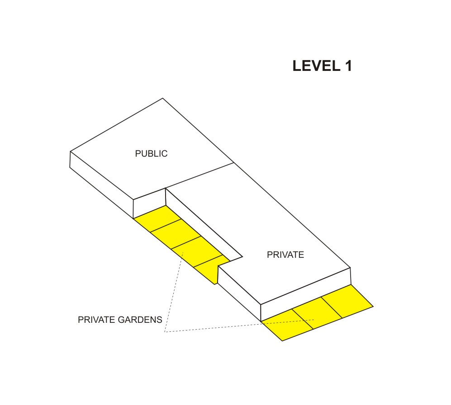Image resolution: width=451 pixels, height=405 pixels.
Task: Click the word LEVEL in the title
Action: tap(316, 66)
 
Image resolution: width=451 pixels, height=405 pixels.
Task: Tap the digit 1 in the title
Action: tap(348, 66)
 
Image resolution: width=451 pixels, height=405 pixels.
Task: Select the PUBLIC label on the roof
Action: tap(151, 154)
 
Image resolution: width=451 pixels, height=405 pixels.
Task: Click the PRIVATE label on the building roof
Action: tap(285, 255)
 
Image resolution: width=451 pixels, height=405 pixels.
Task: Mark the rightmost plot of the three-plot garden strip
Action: tap(347, 301)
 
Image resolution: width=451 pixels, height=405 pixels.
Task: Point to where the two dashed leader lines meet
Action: tap(165, 332)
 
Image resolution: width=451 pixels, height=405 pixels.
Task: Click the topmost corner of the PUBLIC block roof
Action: tap(163, 98)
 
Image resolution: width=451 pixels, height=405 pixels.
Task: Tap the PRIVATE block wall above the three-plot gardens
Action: tap(306, 294)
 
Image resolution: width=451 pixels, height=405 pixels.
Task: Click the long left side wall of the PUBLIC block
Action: tap(101, 185)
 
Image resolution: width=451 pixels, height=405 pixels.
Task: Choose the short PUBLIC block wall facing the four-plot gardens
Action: tap(150, 203)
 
